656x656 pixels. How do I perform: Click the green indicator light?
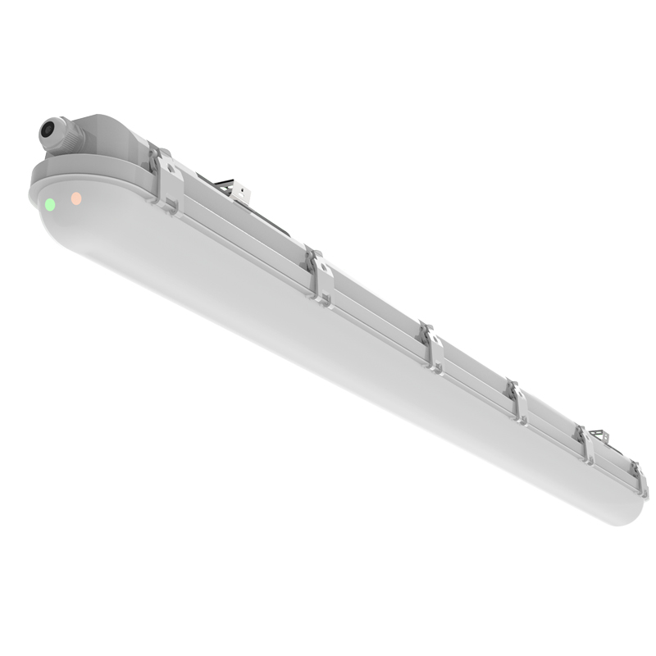50,203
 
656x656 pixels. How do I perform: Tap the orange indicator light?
75,198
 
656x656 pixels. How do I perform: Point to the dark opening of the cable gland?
47,130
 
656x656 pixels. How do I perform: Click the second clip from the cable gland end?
321,276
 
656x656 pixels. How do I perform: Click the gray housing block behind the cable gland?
107,135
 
